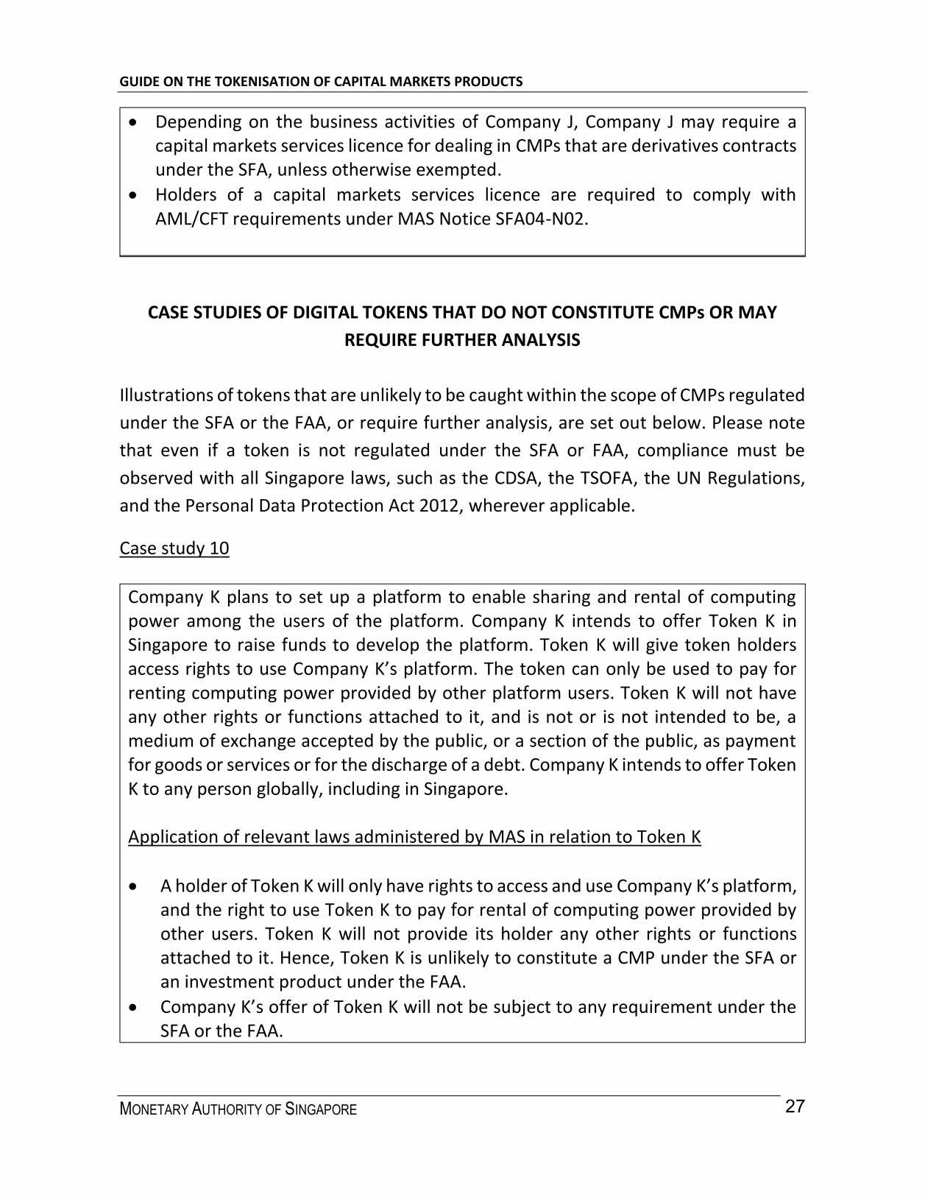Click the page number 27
tap(795, 1106)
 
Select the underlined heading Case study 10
tap(174, 548)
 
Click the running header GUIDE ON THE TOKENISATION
tap(321, 82)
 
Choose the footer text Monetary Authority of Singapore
tap(238, 1109)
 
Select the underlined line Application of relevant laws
tap(414, 837)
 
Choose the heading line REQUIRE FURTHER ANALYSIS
tap(462, 340)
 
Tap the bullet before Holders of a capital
tap(132, 196)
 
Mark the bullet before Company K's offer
tap(132, 1007)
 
